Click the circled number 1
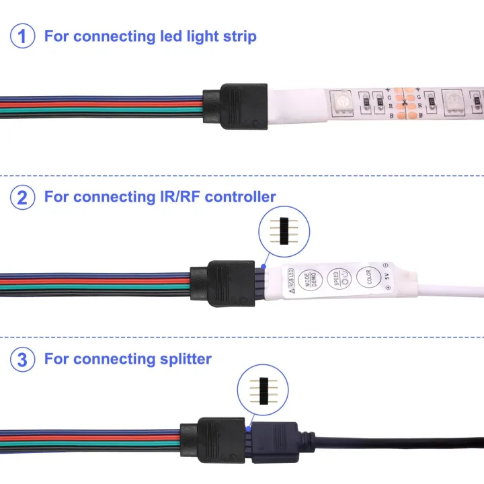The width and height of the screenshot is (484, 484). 23,36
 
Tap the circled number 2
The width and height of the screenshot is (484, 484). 23,197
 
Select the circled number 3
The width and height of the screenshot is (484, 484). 23,359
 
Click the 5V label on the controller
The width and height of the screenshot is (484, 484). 386,275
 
